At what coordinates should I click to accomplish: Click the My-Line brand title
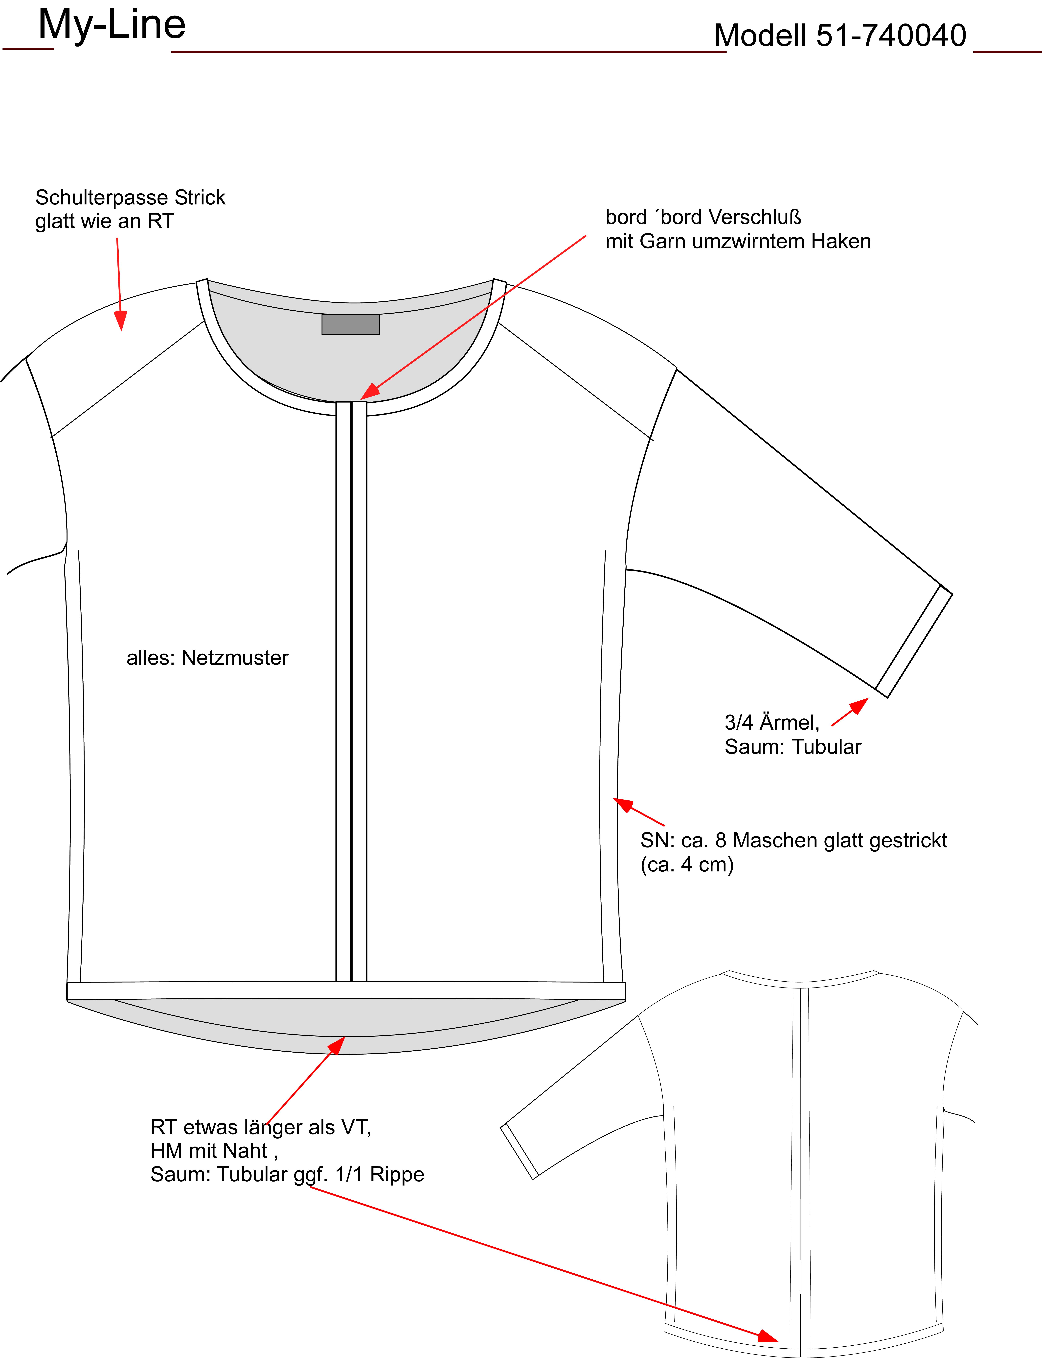pos(112,25)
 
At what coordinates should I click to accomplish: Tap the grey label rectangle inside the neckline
pos(350,324)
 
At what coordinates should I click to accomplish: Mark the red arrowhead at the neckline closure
pos(370,391)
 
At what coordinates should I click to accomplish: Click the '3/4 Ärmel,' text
pos(772,722)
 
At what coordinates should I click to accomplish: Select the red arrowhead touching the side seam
pos(623,805)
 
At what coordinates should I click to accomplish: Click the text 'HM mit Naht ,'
pos(214,1151)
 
